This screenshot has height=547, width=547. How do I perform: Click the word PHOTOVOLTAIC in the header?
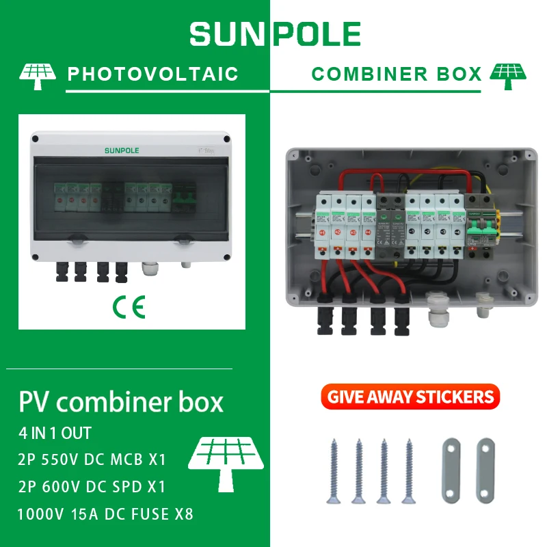(152, 74)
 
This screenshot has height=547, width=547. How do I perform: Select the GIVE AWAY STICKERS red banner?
(410, 397)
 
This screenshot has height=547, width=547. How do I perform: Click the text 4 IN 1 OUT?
(55, 433)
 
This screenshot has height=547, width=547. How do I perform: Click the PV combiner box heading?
(121, 401)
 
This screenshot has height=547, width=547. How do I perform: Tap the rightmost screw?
(409, 472)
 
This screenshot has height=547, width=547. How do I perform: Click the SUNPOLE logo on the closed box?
(121, 150)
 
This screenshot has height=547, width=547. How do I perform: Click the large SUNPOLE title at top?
(275, 34)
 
